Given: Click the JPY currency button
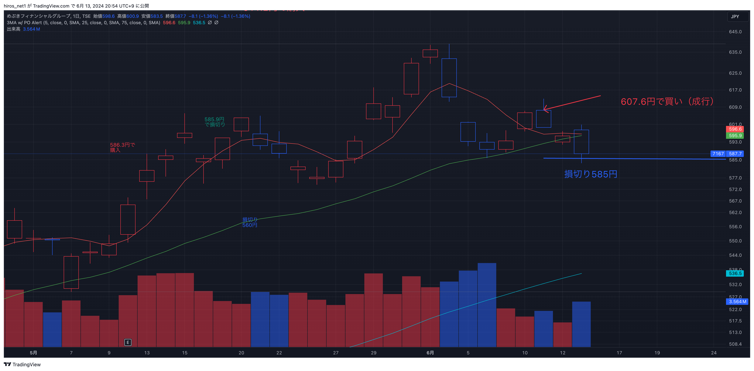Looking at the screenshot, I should (735, 17).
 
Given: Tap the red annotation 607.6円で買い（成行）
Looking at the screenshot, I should (667, 101).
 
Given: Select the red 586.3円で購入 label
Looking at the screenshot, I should (122, 147).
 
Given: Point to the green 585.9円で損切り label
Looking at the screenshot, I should (214, 122).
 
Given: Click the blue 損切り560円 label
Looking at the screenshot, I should (250, 222).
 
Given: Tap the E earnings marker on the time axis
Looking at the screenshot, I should (128, 342).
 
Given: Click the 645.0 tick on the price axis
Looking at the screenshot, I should (735, 32).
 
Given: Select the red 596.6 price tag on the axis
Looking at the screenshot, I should (735, 129).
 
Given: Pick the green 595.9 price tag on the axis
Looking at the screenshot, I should (735, 136).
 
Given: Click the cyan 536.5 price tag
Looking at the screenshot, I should (735, 273).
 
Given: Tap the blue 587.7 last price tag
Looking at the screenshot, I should (735, 154).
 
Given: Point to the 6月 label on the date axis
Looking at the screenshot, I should (430, 353).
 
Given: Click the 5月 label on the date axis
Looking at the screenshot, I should (33, 353).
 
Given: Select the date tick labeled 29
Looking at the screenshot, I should (373, 353).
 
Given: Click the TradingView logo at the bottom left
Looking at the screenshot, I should (22, 365).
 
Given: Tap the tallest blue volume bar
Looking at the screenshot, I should (487, 304).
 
